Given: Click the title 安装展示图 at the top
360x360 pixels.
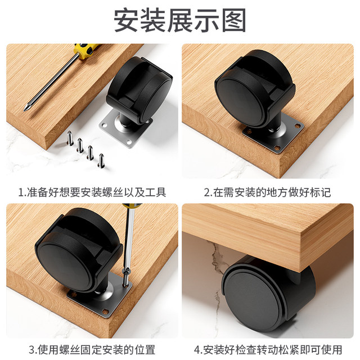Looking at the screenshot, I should coord(180,21).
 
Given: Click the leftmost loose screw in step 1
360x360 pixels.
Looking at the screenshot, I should coord(70,136).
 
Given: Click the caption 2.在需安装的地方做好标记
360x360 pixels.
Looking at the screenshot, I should coord(267,192).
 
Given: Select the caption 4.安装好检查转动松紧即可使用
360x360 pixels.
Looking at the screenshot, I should coord(267,349).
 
